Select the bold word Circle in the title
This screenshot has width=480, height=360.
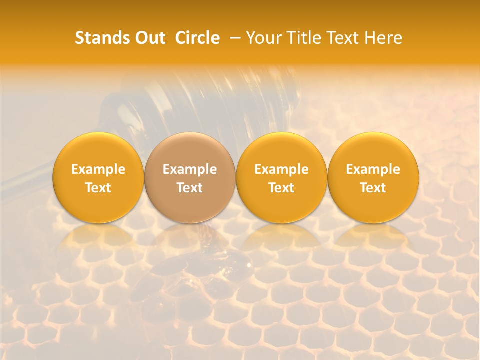pos(197,38)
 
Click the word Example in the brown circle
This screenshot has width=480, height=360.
pos(190,169)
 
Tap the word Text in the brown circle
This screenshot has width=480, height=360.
pos(190,188)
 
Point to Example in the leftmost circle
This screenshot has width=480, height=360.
pos(98,169)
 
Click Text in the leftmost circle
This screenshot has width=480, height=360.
pos(98,188)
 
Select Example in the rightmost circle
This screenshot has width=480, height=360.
pos(373,169)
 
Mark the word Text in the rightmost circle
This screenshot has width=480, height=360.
pos(373,188)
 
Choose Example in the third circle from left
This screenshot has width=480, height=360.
pos(281,169)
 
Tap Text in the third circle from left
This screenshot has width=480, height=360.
pos(281,188)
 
